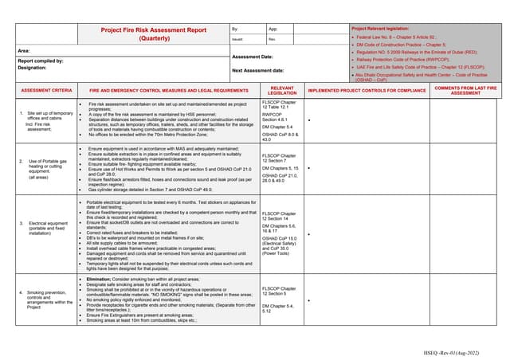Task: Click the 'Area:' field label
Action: [25, 51]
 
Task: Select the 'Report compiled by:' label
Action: [41, 61]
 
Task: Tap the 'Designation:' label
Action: [34, 68]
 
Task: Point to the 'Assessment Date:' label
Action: [253, 57]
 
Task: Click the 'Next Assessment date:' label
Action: [259, 71]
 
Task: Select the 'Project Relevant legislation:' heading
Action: [386, 28]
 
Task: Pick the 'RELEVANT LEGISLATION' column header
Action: [282, 91]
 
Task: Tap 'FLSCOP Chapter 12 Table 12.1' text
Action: [279, 104]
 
